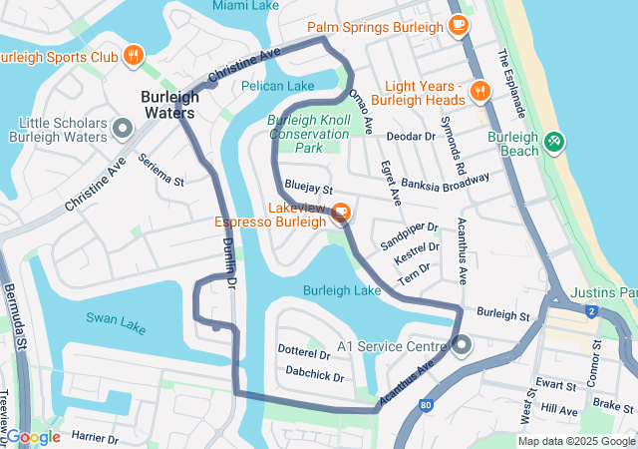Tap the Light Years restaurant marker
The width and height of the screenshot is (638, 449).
point(479,92)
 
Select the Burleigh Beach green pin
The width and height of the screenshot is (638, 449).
point(554,144)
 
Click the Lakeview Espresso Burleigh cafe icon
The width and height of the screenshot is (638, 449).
point(341,213)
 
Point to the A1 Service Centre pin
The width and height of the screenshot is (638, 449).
point(463,346)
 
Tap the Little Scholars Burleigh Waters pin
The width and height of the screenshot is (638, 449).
point(123,128)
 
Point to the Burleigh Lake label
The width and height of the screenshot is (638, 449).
point(343,290)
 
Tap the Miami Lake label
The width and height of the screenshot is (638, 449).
point(245,6)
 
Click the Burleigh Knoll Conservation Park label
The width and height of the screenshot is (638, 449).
point(308,134)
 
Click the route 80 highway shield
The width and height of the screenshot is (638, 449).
point(427,405)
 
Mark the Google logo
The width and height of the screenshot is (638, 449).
point(32,437)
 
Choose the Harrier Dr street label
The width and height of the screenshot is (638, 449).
point(95,437)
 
